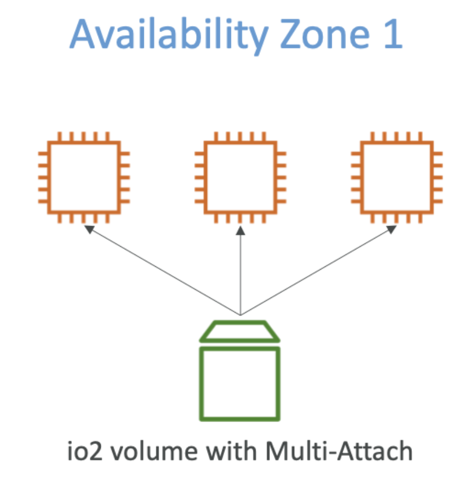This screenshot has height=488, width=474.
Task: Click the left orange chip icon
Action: tap(84, 178)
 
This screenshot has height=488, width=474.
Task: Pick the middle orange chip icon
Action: tap(240, 178)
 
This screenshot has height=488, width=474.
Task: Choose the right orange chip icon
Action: tap(397, 178)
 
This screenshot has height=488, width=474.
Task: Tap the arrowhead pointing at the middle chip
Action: tap(240, 230)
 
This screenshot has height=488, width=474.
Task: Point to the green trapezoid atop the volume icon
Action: tap(240, 331)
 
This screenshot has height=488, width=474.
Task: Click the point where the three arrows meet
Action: tap(240, 315)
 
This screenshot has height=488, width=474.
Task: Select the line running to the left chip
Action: tap(163, 272)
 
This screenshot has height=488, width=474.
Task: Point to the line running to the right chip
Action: tap(316, 272)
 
